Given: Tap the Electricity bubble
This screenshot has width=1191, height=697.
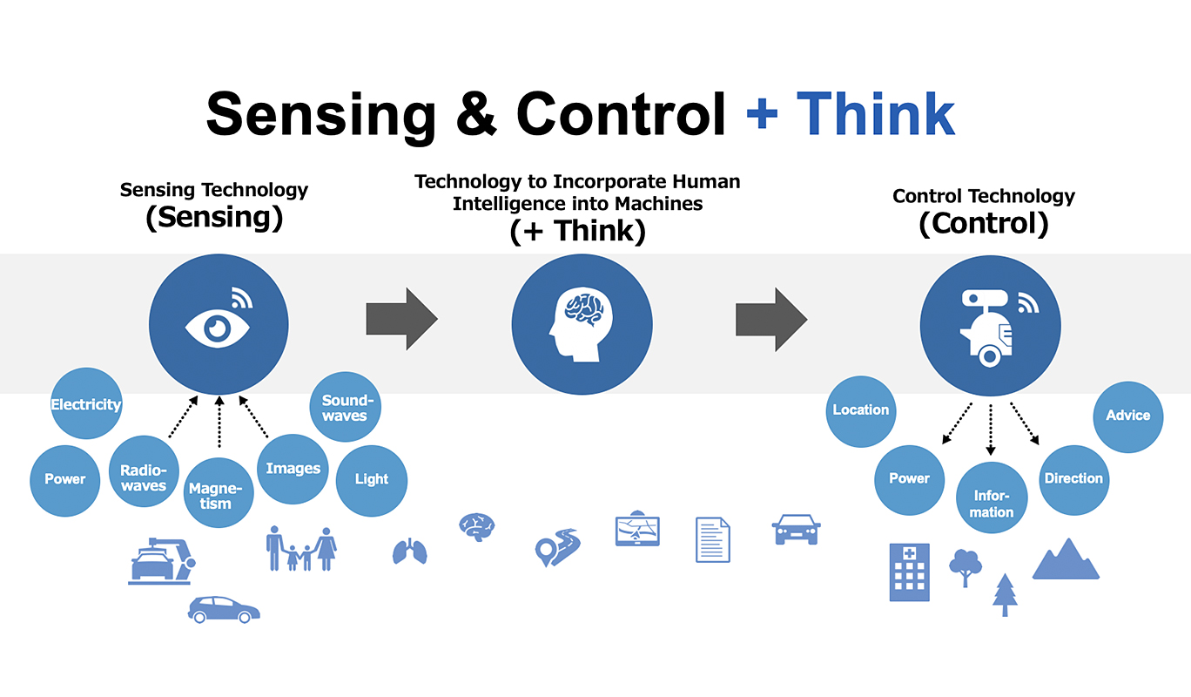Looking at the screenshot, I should tap(85, 403).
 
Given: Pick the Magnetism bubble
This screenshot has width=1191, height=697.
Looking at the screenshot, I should tap(220, 492).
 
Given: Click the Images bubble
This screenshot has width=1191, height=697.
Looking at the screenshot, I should tap(293, 468).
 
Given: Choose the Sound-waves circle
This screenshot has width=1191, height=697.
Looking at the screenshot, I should tap(345, 408).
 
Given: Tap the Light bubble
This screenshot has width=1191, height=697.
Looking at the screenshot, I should tap(371, 479).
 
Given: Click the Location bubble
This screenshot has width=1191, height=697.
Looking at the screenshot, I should tap(860, 410).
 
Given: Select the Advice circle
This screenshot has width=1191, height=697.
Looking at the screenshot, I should tap(1127, 416).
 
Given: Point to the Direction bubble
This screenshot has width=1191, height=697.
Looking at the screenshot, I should tap(1073, 478).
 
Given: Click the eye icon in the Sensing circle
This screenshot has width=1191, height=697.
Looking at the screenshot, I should tap(217, 327).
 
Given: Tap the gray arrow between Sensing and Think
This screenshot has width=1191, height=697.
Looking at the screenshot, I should tap(401, 320).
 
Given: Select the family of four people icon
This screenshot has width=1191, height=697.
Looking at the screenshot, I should tap(301, 549).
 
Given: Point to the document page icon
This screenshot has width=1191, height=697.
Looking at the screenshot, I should tap(712, 539).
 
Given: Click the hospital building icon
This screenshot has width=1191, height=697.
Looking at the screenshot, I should tap(909, 572).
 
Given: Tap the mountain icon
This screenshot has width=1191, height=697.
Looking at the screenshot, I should tap(1066, 559).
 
